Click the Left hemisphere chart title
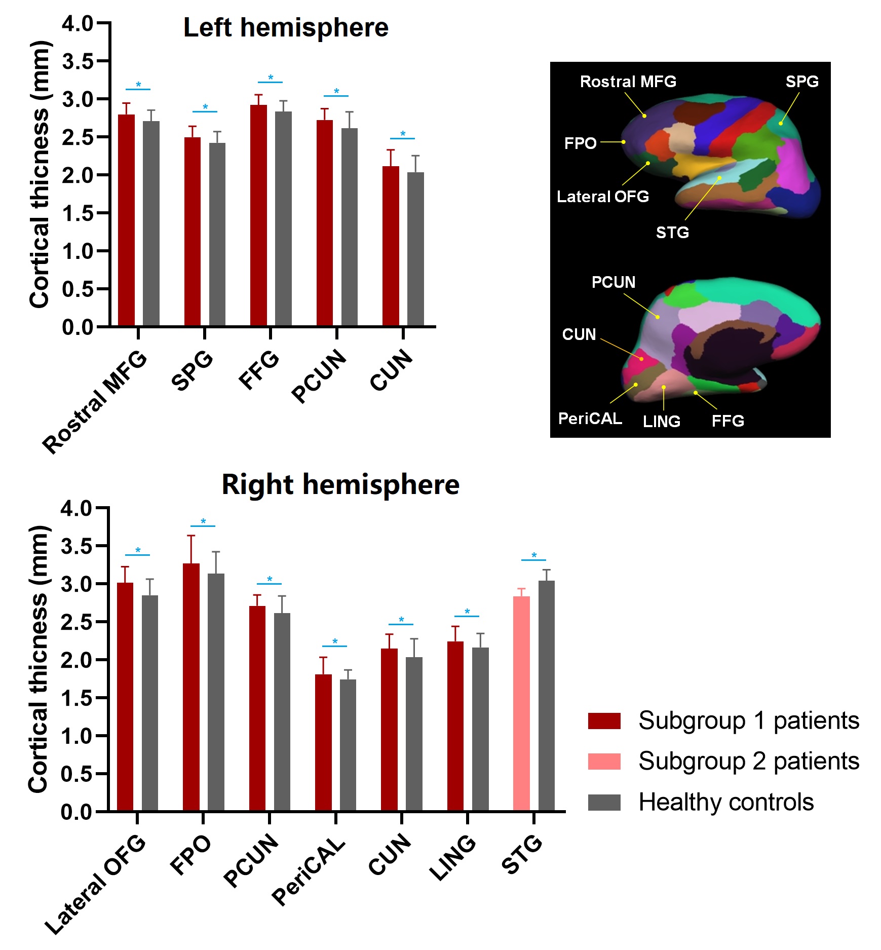pyautogui.click(x=286, y=27)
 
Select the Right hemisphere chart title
pyautogui.click(x=340, y=484)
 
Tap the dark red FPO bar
pyautogui.click(x=191, y=687)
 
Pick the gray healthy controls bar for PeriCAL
pyautogui.click(x=348, y=745)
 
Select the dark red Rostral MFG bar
pyautogui.click(x=126, y=220)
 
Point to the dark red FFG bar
pyautogui.click(x=258, y=215)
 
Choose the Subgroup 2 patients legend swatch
pyautogui.click(x=604, y=761)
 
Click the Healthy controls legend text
pyautogui.click(x=726, y=802)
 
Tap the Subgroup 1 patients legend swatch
pyautogui.click(x=604, y=720)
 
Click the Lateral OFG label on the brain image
pyautogui.click(x=602, y=197)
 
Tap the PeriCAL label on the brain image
pyautogui.click(x=590, y=419)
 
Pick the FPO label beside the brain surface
pyautogui.click(x=580, y=143)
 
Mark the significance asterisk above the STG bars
pyautogui.click(x=534, y=555)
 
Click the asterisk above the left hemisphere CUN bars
pyautogui.click(x=403, y=134)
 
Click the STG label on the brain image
pyautogui.click(x=672, y=233)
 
